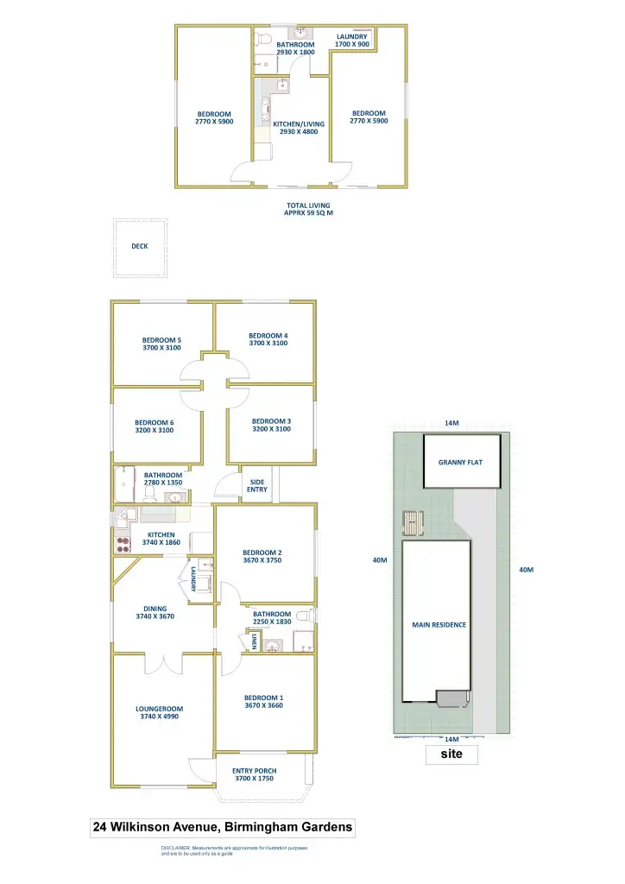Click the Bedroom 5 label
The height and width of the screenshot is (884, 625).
point(161,339)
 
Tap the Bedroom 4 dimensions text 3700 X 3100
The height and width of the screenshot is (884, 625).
point(268,344)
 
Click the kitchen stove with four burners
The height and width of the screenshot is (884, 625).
point(119,545)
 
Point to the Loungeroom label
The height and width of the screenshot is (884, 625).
point(159,709)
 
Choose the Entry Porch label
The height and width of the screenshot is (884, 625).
point(254,771)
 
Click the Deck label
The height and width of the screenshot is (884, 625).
point(140,246)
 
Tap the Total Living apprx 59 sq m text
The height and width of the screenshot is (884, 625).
point(308,209)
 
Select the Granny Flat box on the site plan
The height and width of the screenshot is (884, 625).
point(459,462)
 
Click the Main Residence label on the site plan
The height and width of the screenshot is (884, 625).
point(439,625)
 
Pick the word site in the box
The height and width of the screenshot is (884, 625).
point(451,754)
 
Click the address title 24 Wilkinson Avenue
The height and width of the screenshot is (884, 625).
point(223,827)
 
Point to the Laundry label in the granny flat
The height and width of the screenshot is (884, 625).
point(351,36)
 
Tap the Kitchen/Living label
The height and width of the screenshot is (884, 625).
point(299,123)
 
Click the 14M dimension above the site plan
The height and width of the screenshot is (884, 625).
point(451,423)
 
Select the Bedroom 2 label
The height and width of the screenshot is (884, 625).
point(262,552)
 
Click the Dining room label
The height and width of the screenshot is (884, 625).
point(155,609)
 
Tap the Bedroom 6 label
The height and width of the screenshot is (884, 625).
point(155,422)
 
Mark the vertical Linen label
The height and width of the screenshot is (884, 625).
point(256,641)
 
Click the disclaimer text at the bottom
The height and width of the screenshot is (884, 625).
point(234,851)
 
